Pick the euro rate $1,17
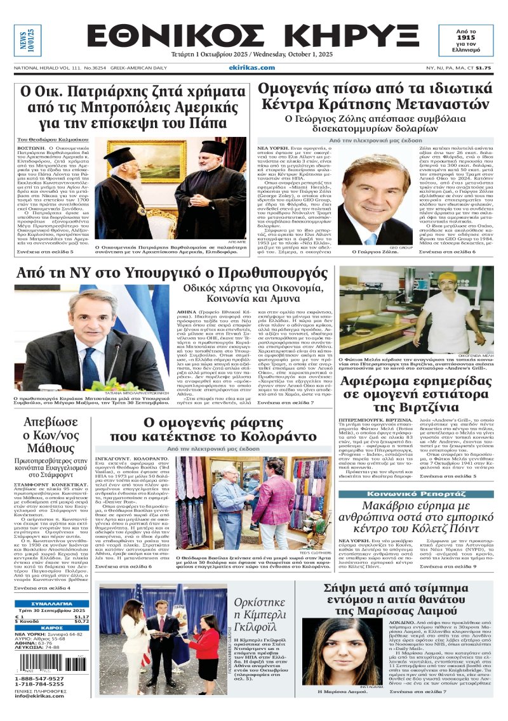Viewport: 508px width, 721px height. coord(81,617)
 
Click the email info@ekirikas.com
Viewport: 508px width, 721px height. coord(40,696)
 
